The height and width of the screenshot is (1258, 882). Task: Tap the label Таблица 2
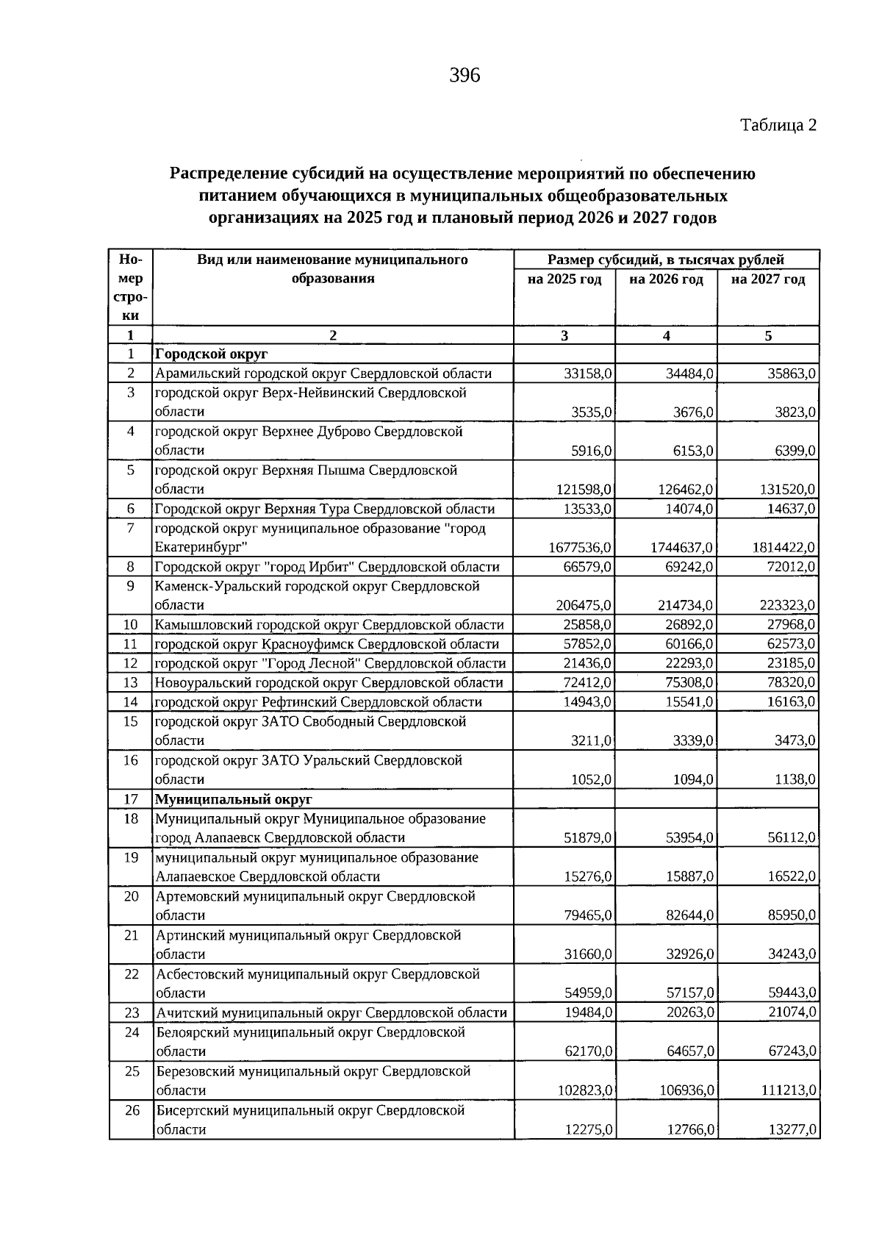pos(778,125)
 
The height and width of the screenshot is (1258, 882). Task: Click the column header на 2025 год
pos(564,279)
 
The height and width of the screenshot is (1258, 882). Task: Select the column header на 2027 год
pos(768,279)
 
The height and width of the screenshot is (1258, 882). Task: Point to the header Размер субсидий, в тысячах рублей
pos(666,260)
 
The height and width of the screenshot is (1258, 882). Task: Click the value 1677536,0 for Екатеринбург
pos(581,548)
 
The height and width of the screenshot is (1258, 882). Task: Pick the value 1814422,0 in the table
pos(784,548)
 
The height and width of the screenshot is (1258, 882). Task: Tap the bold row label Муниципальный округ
pos(233,798)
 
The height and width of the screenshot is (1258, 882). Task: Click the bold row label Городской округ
pos(211,354)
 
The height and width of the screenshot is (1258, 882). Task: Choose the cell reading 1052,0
pos(592,779)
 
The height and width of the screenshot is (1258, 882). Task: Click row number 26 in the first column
pos(132,1110)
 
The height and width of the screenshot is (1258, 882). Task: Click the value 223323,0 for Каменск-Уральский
pos(786,605)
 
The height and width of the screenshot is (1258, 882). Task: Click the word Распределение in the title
pos(229,174)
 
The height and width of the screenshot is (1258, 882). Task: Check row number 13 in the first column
pos(131,682)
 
